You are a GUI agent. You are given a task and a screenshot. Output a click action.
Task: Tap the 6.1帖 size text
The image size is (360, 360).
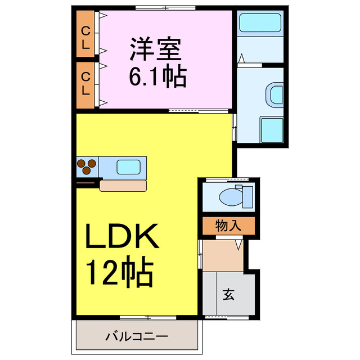pos(157,77)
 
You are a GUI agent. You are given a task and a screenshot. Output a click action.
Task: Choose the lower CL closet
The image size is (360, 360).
pos(86,84)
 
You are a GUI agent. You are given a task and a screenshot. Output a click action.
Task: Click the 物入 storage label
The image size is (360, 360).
pos(228,226)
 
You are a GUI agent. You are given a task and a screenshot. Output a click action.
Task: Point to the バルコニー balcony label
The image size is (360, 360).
pos(137,337)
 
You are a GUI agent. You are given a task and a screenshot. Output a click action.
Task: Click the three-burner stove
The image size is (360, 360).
pos(87,167)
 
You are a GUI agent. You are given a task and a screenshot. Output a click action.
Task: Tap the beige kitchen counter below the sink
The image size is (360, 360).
pos(124,185)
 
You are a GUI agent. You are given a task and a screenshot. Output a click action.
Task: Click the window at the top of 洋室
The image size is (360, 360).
pos(165,8)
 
